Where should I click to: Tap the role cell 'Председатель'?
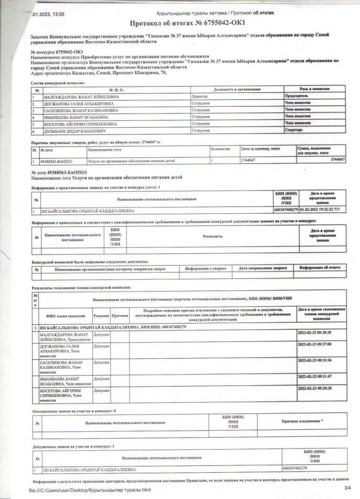(x=297, y=97)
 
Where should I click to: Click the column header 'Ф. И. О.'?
(x=112, y=90)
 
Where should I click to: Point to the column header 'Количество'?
(x=220, y=150)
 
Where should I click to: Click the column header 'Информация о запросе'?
(x=202, y=268)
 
